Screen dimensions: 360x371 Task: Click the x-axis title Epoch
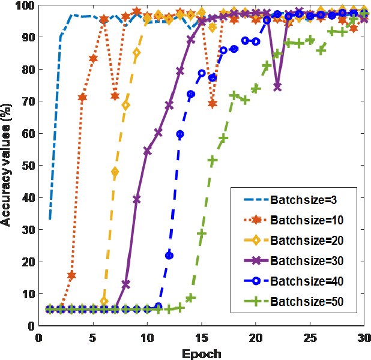[x=202, y=353]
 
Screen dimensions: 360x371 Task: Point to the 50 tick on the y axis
[x=28, y=166]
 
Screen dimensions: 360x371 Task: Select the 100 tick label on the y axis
[x=25, y=5]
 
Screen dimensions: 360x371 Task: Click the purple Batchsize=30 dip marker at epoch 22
[x=277, y=87]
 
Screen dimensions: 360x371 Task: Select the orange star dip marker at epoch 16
[x=213, y=104]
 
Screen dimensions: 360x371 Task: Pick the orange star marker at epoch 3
[x=71, y=275]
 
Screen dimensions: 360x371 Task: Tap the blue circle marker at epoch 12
[x=169, y=256]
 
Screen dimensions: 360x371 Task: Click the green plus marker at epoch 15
[x=202, y=233]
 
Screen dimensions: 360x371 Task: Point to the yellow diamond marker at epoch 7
[x=115, y=172]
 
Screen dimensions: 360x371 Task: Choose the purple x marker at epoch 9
[x=136, y=199]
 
